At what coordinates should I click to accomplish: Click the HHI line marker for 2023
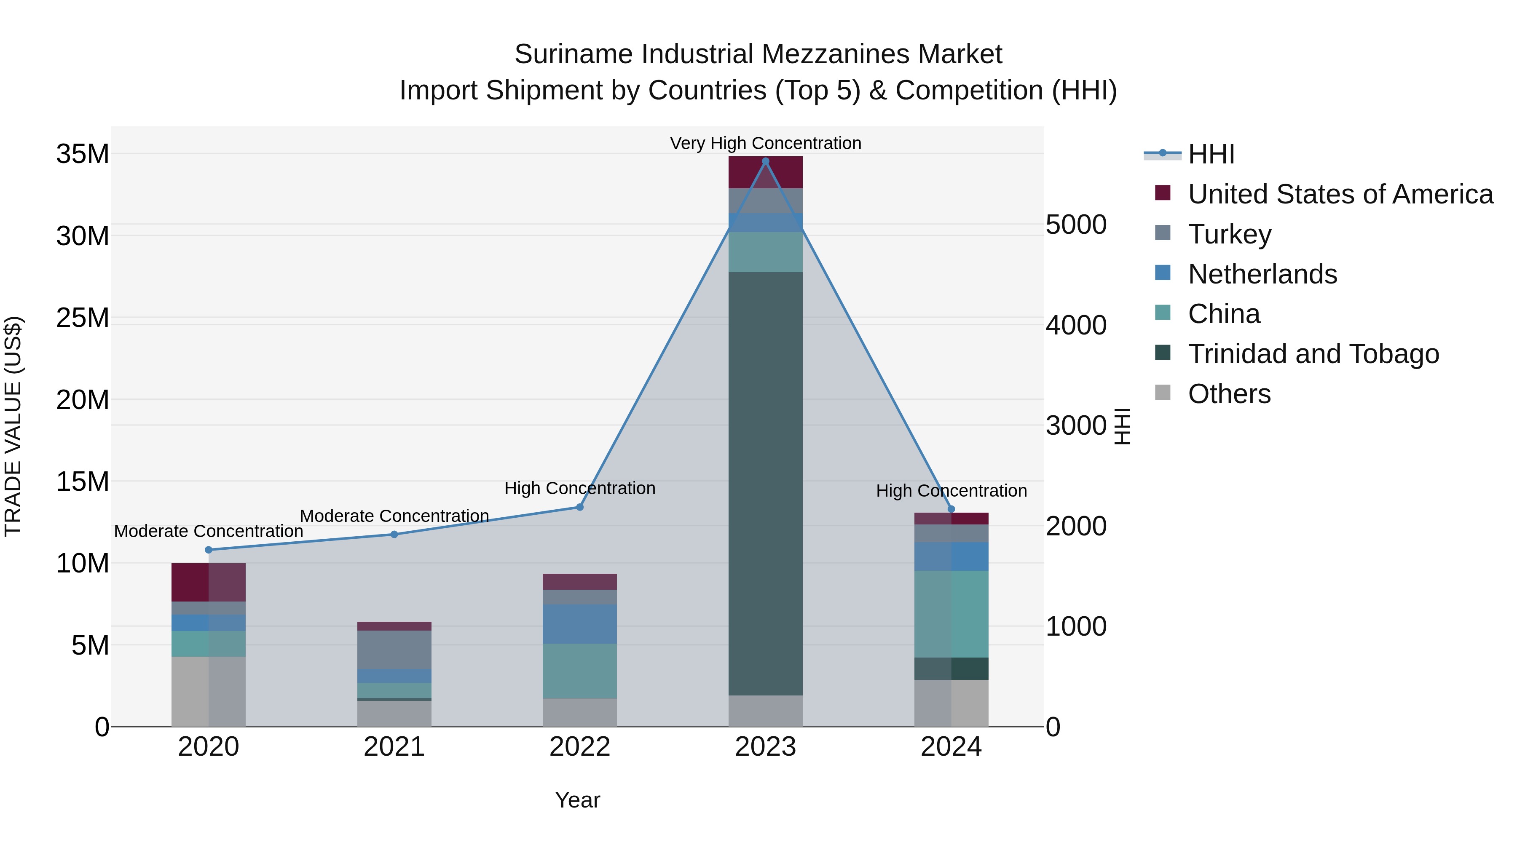click(x=766, y=161)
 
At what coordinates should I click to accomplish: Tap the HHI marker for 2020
click(x=209, y=550)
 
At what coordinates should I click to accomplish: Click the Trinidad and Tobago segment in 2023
click(x=766, y=483)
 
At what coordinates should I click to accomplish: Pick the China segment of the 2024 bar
click(x=951, y=613)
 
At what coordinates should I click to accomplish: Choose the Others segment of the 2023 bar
click(x=766, y=711)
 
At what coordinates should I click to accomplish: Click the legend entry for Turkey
click(x=1230, y=234)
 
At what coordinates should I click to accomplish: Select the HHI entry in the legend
click(x=1211, y=154)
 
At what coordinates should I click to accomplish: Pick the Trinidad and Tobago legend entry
click(x=1313, y=354)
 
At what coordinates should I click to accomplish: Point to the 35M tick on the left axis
click(x=83, y=154)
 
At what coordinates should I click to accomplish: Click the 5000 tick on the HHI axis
click(x=1076, y=225)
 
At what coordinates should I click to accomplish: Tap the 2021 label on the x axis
click(x=394, y=747)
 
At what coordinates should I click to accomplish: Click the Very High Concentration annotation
click(x=766, y=143)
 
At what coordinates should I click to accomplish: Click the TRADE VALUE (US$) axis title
click(x=13, y=426)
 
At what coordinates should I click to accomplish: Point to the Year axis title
click(x=577, y=800)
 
